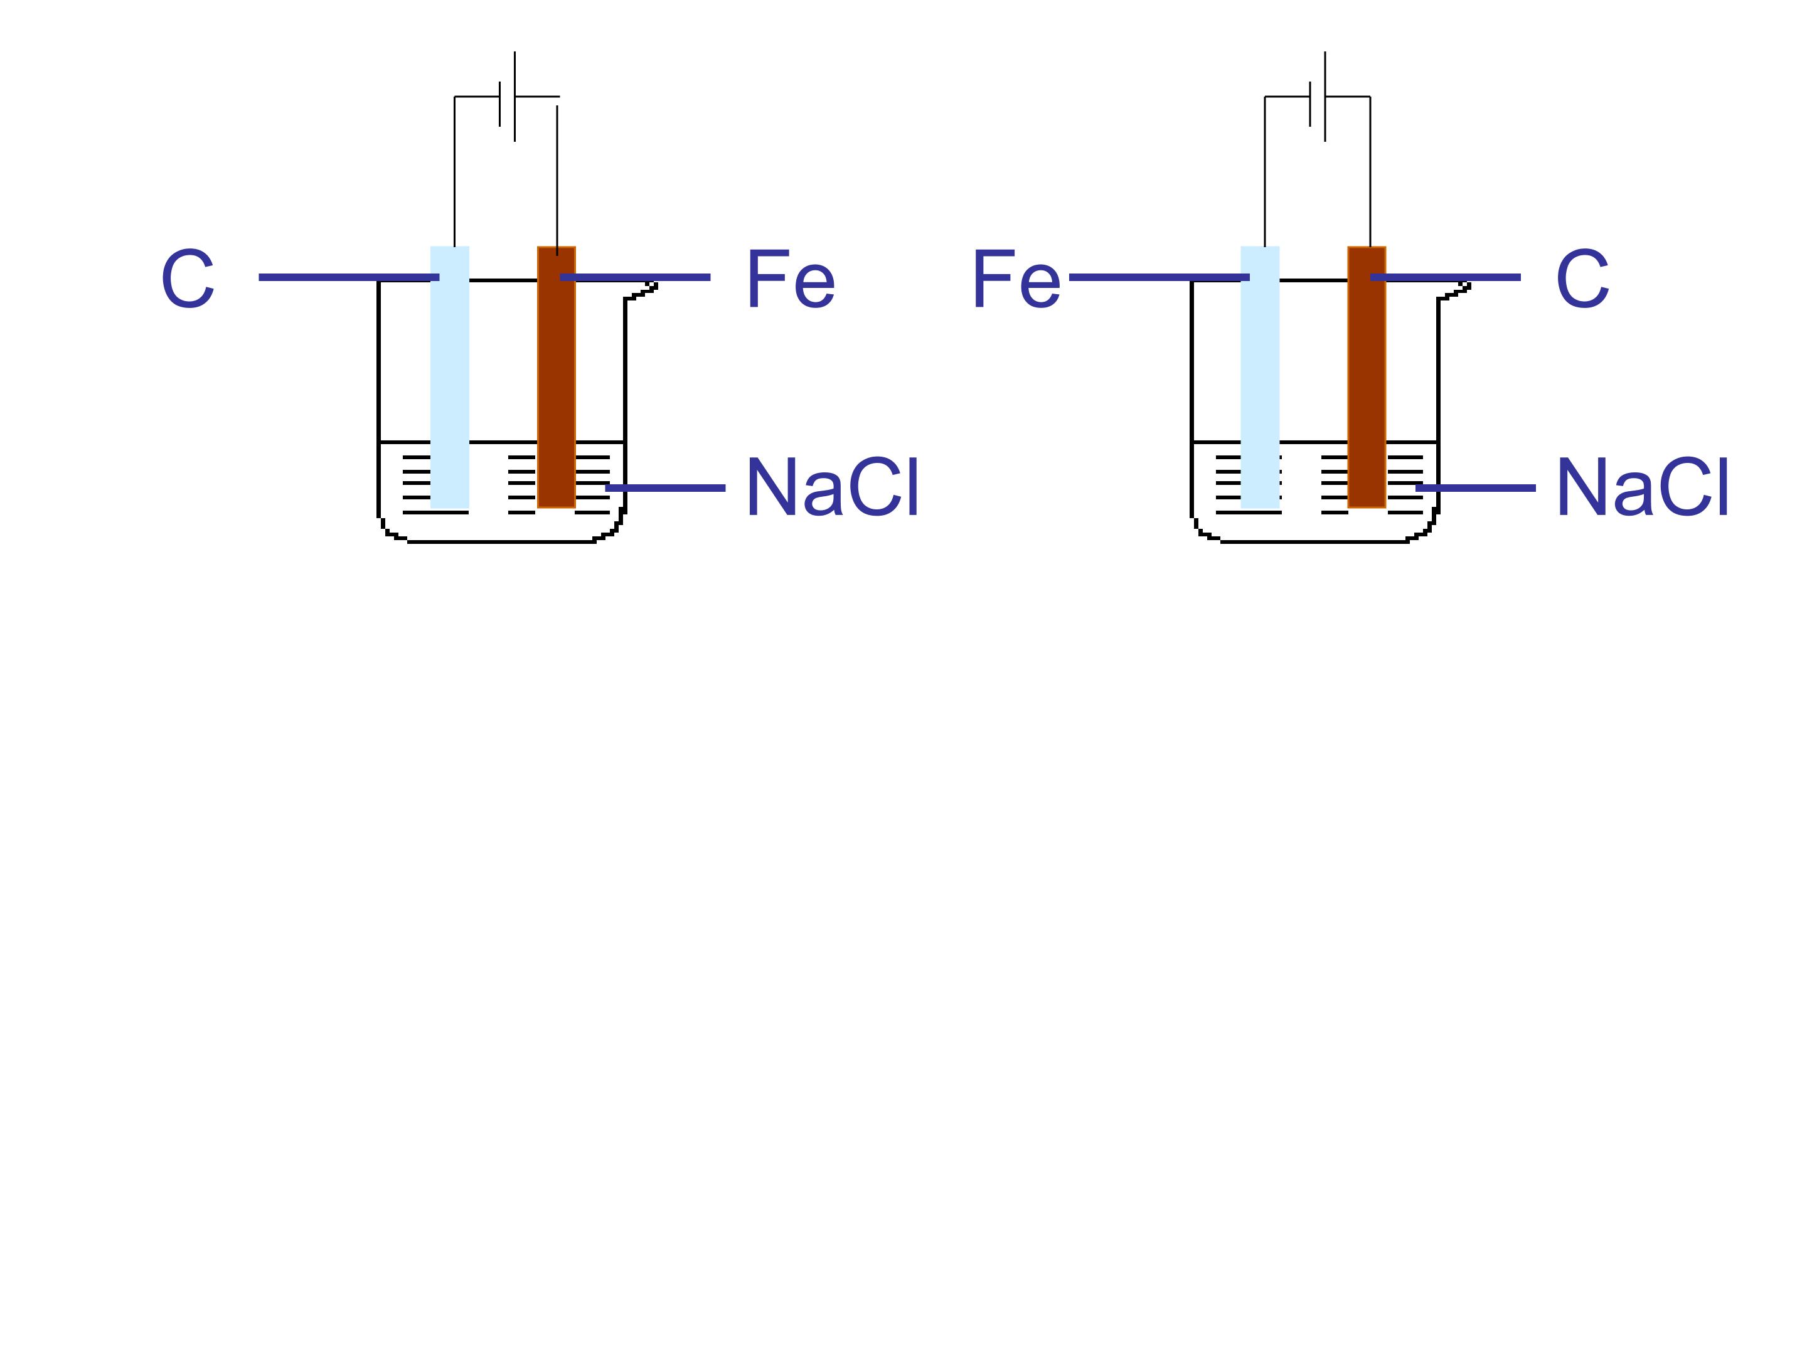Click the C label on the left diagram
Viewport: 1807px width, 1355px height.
point(188,279)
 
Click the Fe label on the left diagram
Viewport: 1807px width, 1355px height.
point(791,279)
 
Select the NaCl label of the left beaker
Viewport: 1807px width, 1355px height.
point(833,487)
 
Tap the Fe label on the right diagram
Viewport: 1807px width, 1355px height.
point(1016,279)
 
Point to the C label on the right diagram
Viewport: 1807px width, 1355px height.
point(1582,279)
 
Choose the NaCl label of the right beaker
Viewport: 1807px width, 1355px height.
point(1642,487)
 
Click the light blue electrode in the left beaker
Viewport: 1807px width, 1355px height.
point(449,378)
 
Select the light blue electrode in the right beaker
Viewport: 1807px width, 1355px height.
point(1260,378)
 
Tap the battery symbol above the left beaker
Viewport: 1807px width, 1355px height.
point(508,97)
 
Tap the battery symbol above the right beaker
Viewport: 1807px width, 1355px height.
point(1318,97)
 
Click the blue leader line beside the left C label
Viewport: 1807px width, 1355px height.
point(349,277)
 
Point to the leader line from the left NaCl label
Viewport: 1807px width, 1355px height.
point(665,487)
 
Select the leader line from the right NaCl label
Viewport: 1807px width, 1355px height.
point(1475,487)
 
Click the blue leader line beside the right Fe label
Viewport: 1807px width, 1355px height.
point(1159,277)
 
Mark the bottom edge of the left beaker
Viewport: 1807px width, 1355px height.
point(501,541)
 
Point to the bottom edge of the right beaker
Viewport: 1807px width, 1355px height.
point(1314,541)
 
